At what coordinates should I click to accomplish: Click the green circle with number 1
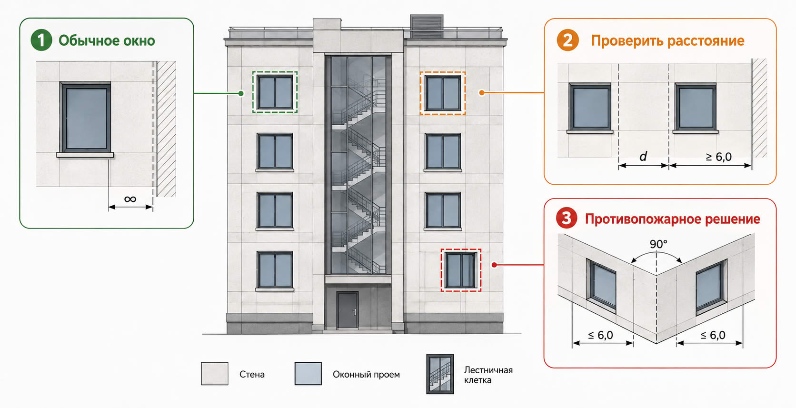41,40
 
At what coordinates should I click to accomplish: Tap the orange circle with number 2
567,40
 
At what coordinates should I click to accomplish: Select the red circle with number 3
567,218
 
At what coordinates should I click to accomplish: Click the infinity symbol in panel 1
130,199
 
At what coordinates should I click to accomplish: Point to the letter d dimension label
643,156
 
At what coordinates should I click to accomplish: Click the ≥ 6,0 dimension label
718,157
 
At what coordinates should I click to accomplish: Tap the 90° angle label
658,244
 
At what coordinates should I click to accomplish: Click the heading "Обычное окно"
107,41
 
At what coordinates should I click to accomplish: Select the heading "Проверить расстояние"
668,41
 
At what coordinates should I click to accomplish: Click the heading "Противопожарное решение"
673,219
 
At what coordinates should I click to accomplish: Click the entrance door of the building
348,310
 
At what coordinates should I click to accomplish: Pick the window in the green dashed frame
275,92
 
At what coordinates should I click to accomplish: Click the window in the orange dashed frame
443,93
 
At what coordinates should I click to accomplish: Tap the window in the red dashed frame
461,270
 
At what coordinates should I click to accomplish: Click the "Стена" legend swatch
215,374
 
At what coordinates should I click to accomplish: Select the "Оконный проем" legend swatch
308,374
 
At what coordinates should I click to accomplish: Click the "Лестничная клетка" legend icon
440,374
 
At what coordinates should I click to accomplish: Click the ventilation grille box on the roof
427,26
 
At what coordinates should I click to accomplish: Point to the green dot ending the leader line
241,93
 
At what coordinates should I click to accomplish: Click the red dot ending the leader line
494,265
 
